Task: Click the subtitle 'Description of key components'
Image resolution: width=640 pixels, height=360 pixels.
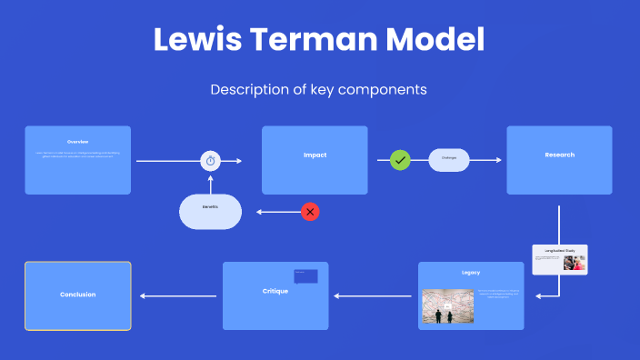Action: pos(319,90)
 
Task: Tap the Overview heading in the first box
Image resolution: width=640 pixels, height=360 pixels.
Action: pos(77,142)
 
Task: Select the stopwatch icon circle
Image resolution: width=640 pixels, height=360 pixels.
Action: pos(211,161)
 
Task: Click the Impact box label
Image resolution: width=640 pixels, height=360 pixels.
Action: pos(315,155)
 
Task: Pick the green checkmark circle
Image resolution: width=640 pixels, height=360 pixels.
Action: pos(400,160)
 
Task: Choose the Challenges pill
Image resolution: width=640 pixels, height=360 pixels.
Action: pos(448,160)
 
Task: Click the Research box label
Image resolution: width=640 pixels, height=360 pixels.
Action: pos(559,155)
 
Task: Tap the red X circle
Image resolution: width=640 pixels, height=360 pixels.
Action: pos(311,212)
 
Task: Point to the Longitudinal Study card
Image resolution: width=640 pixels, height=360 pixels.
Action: pos(560,259)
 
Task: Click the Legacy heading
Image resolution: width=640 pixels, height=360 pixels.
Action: pos(471,273)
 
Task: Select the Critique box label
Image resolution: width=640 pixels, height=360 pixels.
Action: pos(275,291)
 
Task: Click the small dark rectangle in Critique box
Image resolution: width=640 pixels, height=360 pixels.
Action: pos(305,275)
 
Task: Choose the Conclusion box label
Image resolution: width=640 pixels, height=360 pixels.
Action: pos(77,295)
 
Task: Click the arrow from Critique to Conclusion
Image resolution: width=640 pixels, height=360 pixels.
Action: pos(177,295)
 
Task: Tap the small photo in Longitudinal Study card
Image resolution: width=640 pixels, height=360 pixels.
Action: pos(575,262)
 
